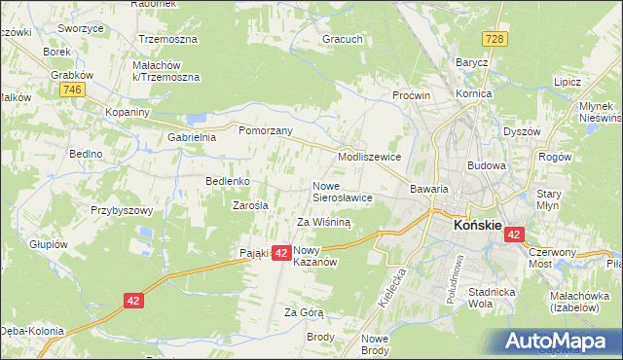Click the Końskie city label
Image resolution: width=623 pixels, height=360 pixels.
click(477, 225)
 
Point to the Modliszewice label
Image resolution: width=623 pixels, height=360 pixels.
click(369, 156)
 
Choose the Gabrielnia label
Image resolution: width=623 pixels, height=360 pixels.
click(192, 137)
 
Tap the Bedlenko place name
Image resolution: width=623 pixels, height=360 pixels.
click(229, 181)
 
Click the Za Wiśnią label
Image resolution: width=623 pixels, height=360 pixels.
click(323, 222)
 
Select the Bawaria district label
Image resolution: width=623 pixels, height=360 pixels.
click(428, 188)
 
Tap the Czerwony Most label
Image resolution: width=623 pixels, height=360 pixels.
click(552, 257)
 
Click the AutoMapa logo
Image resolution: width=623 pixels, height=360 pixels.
click(560, 341)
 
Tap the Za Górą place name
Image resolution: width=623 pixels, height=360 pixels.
click(303, 312)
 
